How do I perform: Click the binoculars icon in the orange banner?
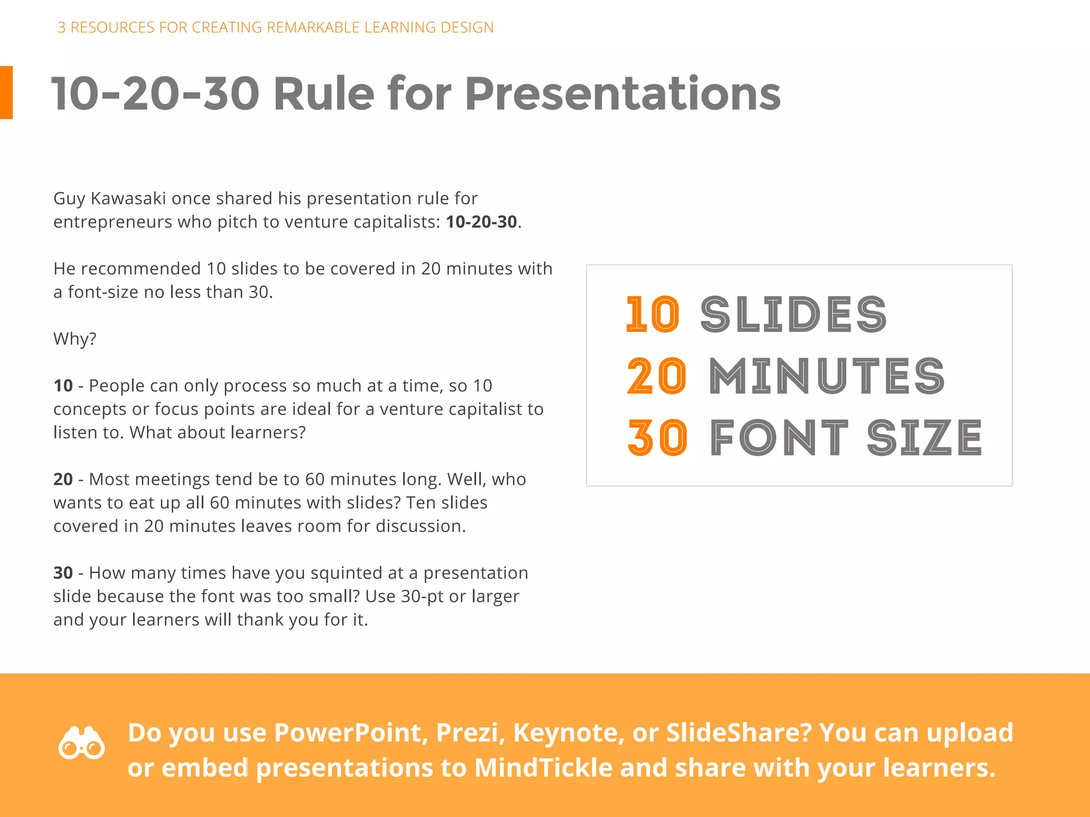tap(81, 743)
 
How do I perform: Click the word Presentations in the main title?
tap(622, 94)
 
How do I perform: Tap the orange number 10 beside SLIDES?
tap(653, 314)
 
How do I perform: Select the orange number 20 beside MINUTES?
tap(656, 376)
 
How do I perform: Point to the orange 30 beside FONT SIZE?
tap(657, 438)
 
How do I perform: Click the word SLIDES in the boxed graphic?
tap(793, 314)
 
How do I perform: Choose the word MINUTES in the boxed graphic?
tap(827, 376)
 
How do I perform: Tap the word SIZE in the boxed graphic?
tap(924, 438)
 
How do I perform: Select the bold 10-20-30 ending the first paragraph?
tap(481, 222)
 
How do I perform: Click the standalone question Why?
tap(75, 339)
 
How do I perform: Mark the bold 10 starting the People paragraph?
tap(63, 386)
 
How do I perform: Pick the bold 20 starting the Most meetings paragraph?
tap(63, 479)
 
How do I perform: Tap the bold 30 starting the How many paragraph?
tap(63, 573)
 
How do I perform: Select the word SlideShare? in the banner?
tap(739, 732)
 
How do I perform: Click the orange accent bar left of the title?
tap(6, 93)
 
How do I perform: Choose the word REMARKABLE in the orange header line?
tap(313, 27)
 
